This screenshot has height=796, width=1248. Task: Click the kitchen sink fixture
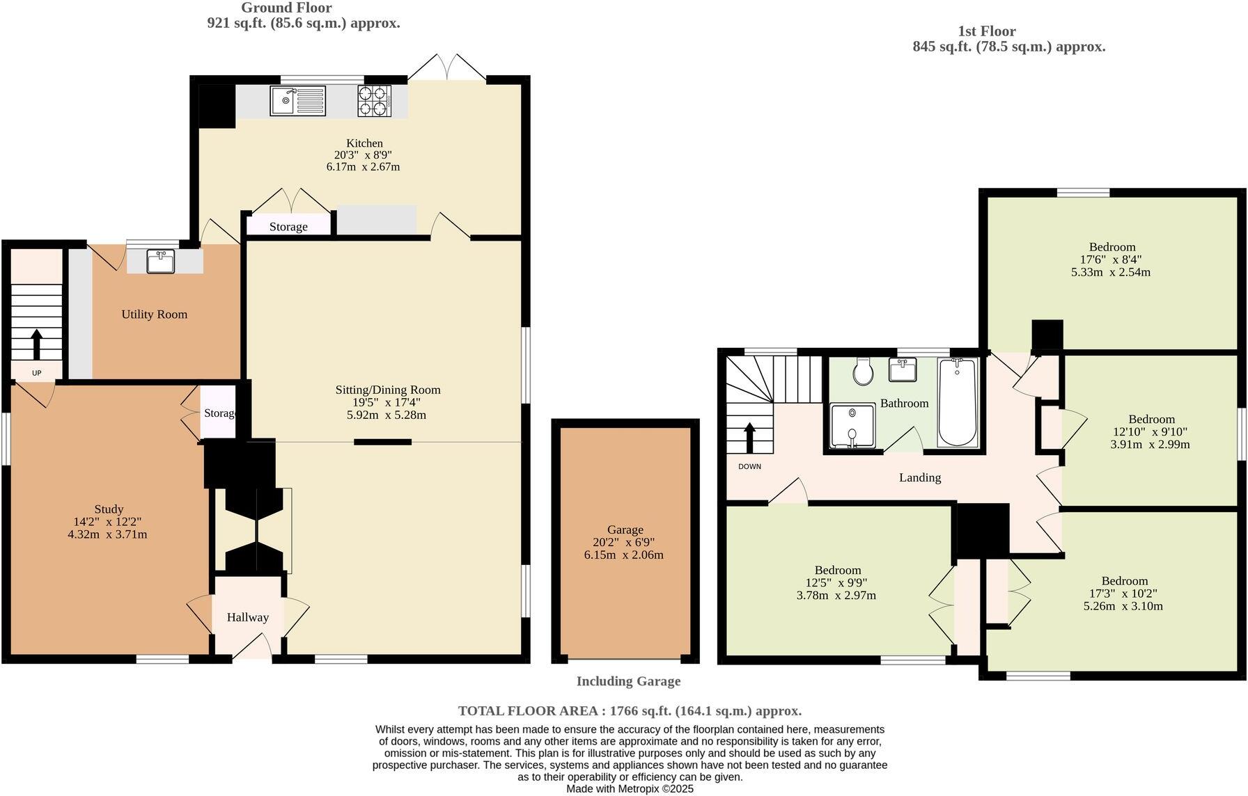click(x=297, y=101)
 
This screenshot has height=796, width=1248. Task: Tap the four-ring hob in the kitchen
click(x=374, y=101)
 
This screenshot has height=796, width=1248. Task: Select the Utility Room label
click(x=154, y=315)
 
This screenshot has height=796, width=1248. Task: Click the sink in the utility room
click(x=161, y=262)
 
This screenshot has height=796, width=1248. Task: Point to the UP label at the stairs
click(x=37, y=374)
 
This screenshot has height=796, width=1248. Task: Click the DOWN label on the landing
click(x=749, y=467)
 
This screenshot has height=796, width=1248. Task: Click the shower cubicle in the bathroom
click(x=852, y=426)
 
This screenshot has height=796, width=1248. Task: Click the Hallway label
click(x=247, y=618)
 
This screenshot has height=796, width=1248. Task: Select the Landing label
click(x=919, y=477)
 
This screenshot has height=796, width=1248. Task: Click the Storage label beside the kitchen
click(x=288, y=227)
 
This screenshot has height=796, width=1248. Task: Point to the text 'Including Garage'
click(x=627, y=682)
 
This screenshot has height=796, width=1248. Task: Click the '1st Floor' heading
click(x=986, y=31)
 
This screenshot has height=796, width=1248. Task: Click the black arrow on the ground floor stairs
click(x=36, y=344)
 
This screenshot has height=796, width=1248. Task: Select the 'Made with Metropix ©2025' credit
click(x=630, y=789)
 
